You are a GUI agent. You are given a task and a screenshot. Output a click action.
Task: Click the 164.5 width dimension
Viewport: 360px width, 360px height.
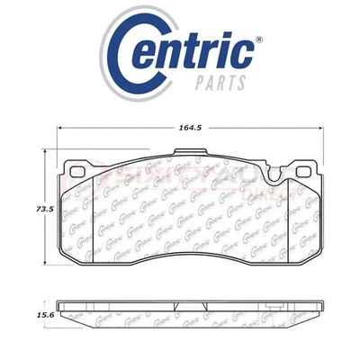(186, 129)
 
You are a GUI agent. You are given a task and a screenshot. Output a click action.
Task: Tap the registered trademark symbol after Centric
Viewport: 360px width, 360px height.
(262, 40)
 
